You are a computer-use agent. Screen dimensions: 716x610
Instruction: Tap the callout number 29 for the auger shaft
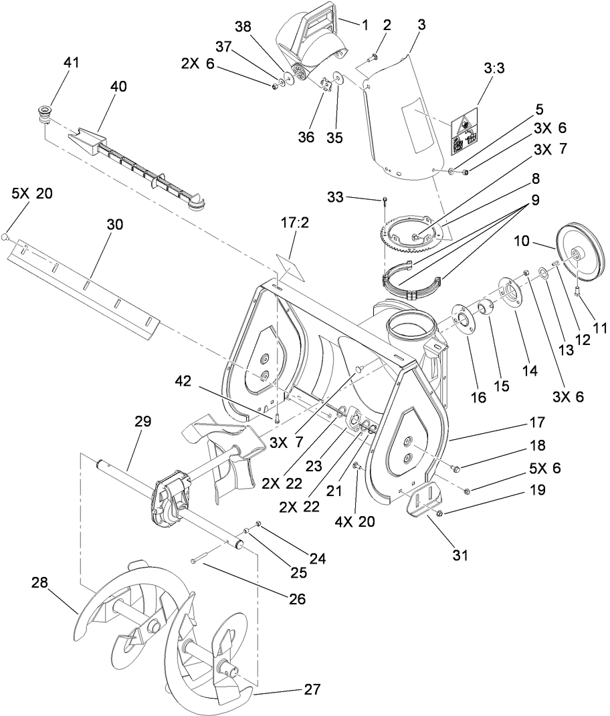(x=142, y=422)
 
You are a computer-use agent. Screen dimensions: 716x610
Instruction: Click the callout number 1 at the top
(x=365, y=25)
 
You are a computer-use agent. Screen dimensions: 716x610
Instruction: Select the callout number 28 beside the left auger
(x=39, y=583)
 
